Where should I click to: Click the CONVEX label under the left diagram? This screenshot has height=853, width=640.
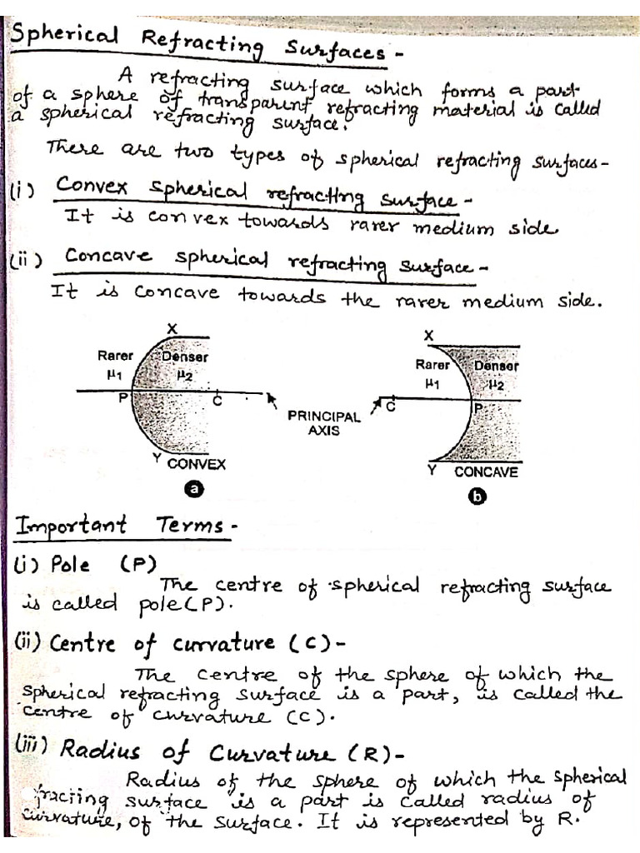pyautogui.click(x=197, y=465)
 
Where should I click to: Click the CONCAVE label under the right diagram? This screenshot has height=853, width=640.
pyautogui.click(x=486, y=471)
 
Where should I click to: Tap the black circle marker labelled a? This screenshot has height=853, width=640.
pyautogui.click(x=194, y=491)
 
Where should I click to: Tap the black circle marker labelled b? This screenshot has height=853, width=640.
pyautogui.click(x=479, y=497)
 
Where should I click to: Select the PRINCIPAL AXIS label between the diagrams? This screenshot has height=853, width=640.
pyautogui.click(x=324, y=423)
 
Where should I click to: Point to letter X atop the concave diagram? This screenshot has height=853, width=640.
pyautogui.click(x=428, y=335)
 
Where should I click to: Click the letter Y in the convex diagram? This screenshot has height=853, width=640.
pyautogui.click(x=157, y=458)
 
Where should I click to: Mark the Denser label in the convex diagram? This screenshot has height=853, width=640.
pyautogui.click(x=185, y=357)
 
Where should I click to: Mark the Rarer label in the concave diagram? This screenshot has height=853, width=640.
pyautogui.click(x=432, y=365)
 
